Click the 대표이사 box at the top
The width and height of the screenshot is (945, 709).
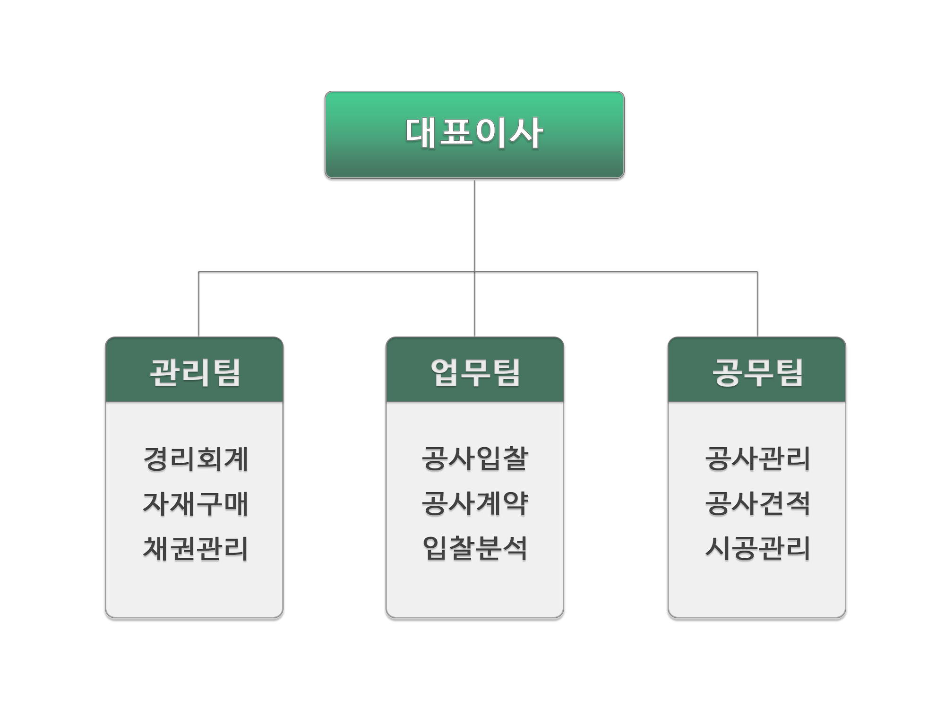point(474,135)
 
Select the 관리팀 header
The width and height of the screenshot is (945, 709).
point(194,370)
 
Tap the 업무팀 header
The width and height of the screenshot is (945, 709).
point(475,370)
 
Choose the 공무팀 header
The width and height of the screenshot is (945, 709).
point(757,370)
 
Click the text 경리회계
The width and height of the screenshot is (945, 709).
point(196,458)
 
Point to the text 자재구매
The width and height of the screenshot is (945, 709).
point(196,503)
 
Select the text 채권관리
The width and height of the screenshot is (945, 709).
point(196,548)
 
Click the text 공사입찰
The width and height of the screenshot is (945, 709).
point(475,458)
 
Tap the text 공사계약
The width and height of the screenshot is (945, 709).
point(475,503)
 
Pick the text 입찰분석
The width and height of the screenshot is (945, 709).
point(475,548)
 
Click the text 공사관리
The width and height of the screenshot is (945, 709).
point(757,458)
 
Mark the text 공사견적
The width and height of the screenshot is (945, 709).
point(757,503)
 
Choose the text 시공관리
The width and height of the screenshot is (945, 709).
point(757,548)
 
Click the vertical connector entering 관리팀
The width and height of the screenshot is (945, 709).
point(198,304)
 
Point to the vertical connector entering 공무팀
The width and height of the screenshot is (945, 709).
point(757,304)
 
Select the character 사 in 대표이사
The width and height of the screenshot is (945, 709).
point(527,133)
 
